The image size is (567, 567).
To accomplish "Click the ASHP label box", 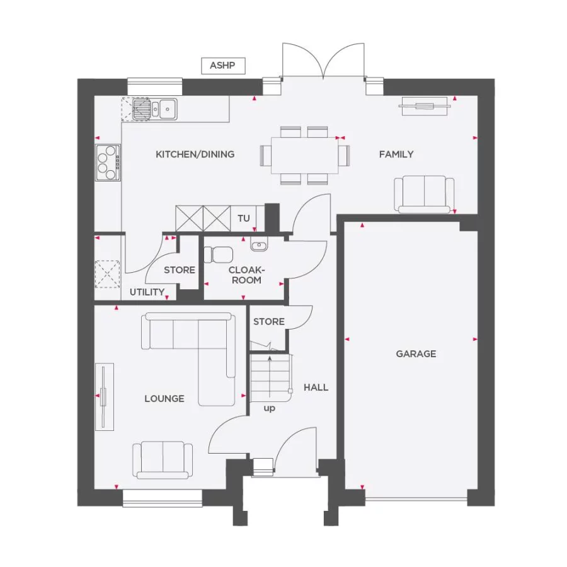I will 223,66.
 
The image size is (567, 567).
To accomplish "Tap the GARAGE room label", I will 416,354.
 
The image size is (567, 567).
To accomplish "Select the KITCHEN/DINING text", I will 195,154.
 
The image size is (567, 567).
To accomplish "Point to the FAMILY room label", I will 396,154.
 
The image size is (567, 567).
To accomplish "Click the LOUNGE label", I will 164,399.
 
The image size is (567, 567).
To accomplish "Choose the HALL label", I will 316,387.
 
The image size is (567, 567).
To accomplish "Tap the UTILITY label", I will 147,292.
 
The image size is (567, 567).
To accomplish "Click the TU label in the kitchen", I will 244,219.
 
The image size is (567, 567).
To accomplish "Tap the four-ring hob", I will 107,163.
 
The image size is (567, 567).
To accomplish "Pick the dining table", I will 305,155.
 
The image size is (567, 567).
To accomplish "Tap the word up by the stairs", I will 270,408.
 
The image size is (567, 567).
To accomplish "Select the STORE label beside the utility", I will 180,270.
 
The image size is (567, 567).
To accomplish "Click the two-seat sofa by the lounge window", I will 163,460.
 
